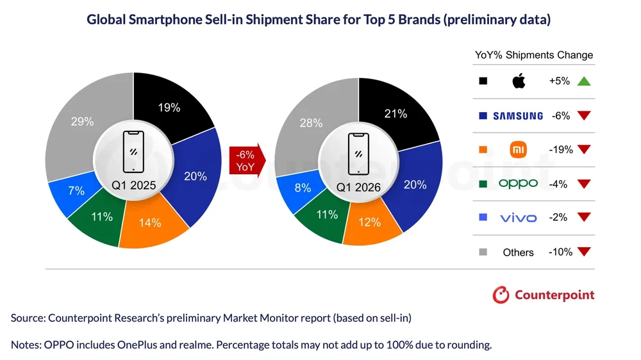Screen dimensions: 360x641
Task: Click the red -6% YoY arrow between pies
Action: pos(245,161)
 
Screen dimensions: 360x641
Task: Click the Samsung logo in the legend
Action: pos(518,116)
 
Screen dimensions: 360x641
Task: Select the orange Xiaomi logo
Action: pos(518,150)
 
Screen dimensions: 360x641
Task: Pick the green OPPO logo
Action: pos(518,184)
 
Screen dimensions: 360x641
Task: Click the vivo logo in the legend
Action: pos(518,218)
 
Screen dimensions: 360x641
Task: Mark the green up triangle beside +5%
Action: pos(583,81)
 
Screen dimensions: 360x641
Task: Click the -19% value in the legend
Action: pos(560,150)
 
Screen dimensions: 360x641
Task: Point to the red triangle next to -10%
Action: pos(583,252)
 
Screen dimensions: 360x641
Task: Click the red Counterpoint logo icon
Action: pos(501,295)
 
